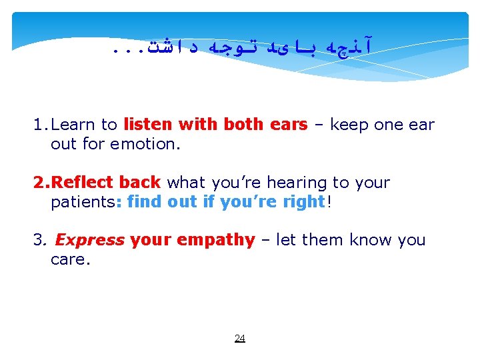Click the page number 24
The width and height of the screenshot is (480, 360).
[240, 338]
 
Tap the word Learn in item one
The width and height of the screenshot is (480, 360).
[73, 125]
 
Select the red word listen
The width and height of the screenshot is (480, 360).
[147, 125]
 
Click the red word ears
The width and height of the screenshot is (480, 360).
[289, 125]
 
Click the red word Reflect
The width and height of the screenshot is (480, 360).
[83, 183]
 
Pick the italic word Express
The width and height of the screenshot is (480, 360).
[89, 240]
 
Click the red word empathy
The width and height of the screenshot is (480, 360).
[215, 240]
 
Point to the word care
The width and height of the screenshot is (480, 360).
[68, 259]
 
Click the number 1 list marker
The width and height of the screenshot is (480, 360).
[39, 125]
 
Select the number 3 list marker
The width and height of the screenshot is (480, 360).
[38, 240]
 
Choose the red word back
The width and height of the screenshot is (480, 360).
[141, 183]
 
